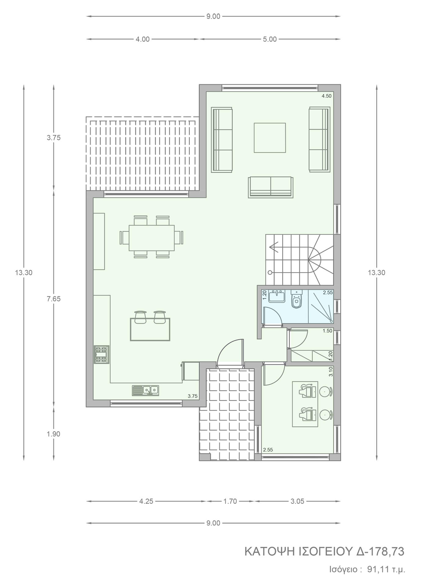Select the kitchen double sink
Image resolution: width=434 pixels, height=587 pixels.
pyautogui.click(x=145, y=390)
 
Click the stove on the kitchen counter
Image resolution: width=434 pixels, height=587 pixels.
pyautogui.click(x=101, y=355)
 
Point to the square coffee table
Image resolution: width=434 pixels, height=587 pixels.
pyautogui.click(x=270, y=138)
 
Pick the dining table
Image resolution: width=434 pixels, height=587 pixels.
pyautogui.click(x=152, y=238)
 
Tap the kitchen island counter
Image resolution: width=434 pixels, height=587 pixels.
pyautogui.click(x=150, y=329)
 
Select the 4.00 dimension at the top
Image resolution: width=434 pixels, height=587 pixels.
pyautogui.click(x=143, y=39)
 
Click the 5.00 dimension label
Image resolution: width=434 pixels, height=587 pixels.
pyautogui.click(x=270, y=39)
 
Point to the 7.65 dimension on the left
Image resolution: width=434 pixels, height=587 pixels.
pyautogui.click(x=53, y=299)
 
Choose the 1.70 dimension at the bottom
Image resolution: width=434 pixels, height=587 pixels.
pyautogui.click(x=230, y=501)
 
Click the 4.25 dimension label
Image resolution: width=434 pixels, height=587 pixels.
pyautogui.click(x=146, y=501)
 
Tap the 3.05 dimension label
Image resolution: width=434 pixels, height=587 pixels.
pyautogui.click(x=297, y=501)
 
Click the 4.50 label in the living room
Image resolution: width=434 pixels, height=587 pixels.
pyautogui.click(x=326, y=96)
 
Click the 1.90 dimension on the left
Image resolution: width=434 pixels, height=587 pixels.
pyautogui.click(x=53, y=434)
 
